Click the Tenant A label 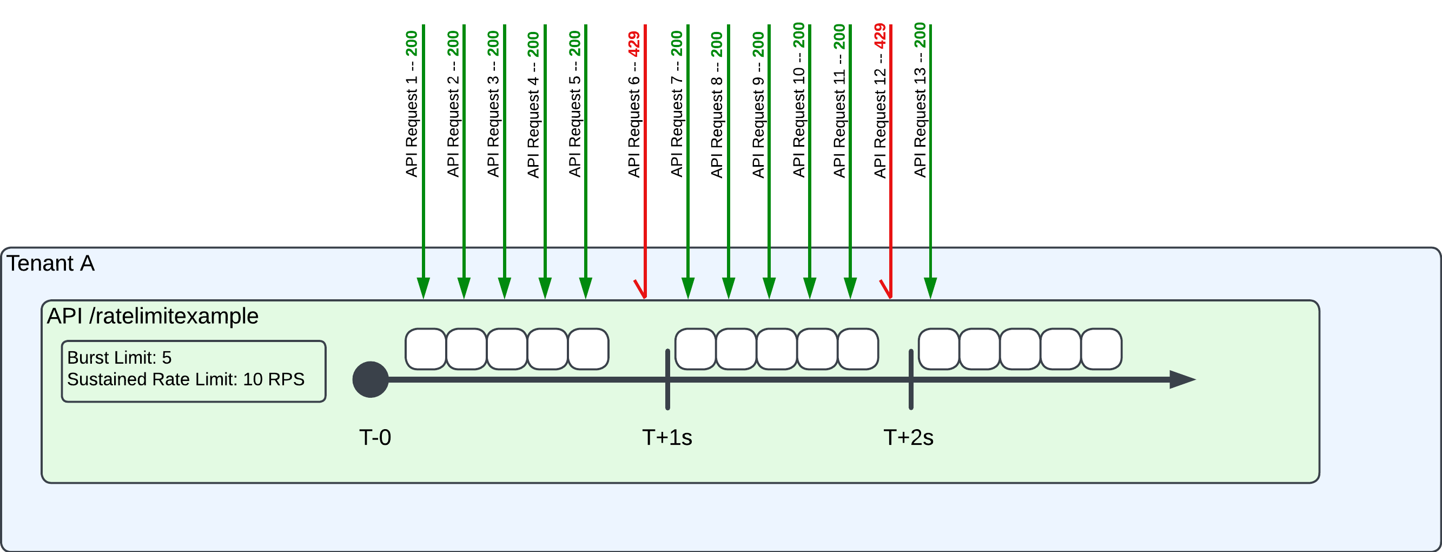click(50, 263)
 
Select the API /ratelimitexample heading click(153, 316)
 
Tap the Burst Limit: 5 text click(119, 358)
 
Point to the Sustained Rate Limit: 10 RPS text click(186, 379)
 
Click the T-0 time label click(375, 437)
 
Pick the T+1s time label click(667, 437)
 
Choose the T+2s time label click(909, 437)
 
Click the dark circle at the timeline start click(371, 379)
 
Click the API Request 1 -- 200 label click(412, 104)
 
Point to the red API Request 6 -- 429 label click(634, 104)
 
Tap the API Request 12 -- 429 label click(880, 101)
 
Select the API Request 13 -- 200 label click(920, 101)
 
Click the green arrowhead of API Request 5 click(586, 288)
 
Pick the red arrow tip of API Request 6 click(644, 294)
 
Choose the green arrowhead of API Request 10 click(810, 288)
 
